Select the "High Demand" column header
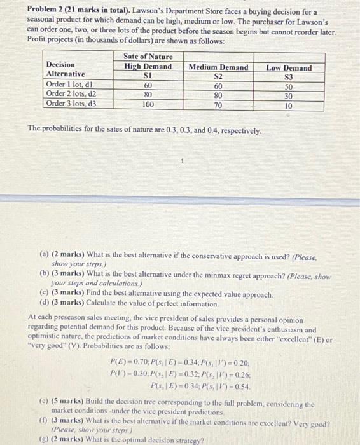coord(148,67)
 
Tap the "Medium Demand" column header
coord(218,67)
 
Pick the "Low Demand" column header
coord(288,68)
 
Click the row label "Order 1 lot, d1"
coord(71,85)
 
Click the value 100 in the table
coord(148,105)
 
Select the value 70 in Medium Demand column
coord(218,105)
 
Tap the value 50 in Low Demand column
coord(288,86)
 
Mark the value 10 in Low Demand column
coord(288,106)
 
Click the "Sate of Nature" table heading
coord(148,57)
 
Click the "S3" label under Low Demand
coord(288,77)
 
